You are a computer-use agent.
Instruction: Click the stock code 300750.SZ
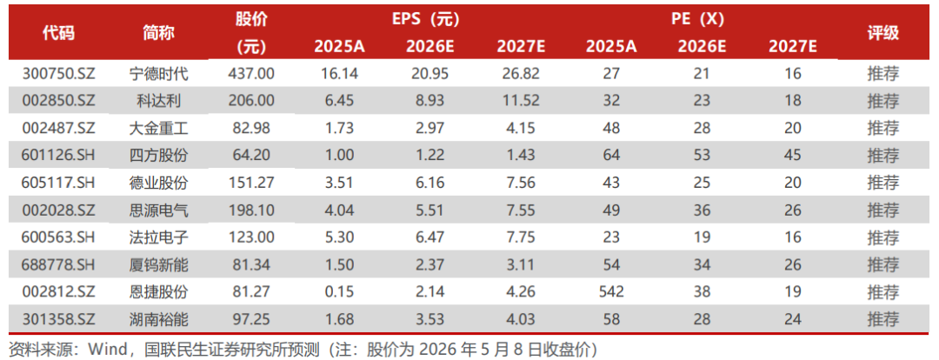tap(59, 74)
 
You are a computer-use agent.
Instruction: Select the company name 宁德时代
tap(159, 74)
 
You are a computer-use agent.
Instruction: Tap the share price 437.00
tap(251, 74)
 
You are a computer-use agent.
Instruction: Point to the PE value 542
tap(611, 291)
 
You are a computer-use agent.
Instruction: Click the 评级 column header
tap(883, 33)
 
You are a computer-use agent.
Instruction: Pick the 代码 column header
tap(59, 33)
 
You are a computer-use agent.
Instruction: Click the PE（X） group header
tap(697, 19)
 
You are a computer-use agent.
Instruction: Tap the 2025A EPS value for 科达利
tap(340, 101)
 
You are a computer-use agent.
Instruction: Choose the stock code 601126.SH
tap(59, 155)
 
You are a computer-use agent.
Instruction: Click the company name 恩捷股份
tap(159, 291)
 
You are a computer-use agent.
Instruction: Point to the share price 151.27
tap(251, 183)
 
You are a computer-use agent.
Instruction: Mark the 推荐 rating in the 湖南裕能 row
tap(883, 319)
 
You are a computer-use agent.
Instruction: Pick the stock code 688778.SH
tap(59, 264)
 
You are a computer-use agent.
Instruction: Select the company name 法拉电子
tap(159, 237)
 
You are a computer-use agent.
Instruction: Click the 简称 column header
tap(159, 33)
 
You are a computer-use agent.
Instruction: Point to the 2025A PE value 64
tap(611, 155)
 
